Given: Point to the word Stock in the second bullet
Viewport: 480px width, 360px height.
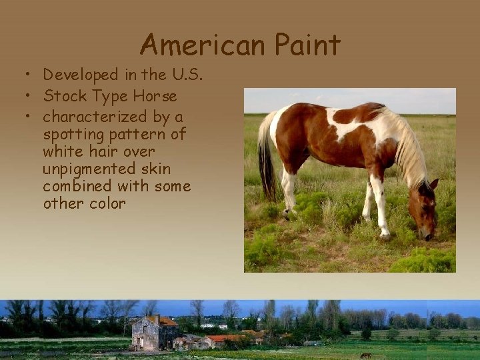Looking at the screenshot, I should point(65,96).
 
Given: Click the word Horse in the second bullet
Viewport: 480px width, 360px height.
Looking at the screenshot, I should point(155,96).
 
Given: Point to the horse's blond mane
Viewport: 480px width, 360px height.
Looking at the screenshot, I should point(408,150).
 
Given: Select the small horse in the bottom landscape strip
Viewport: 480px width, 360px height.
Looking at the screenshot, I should point(365,355).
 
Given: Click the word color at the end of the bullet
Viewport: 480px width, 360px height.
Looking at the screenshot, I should point(107,203).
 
